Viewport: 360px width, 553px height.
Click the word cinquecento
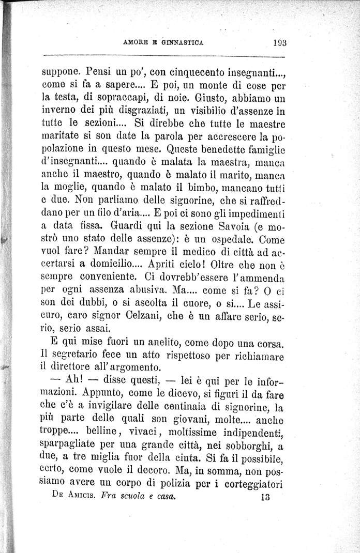[171, 71]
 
